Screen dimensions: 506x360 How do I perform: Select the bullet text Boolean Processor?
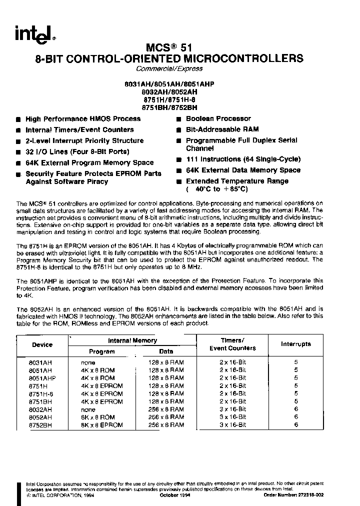(218, 118)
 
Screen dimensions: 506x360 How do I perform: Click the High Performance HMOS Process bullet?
(83, 119)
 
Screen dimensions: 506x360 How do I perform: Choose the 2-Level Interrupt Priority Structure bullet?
(84, 141)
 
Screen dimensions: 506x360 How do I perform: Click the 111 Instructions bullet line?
(243, 159)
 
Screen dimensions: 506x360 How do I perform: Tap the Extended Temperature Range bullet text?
(237, 181)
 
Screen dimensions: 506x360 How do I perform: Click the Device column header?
(42, 344)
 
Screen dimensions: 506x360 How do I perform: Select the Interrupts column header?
(296, 344)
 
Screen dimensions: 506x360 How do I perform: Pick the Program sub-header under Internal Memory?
(102, 351)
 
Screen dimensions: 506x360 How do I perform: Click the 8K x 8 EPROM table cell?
(102, 425)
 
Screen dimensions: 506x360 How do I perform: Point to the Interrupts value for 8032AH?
(296, 409)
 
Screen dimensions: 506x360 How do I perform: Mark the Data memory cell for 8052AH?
(167, 417)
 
